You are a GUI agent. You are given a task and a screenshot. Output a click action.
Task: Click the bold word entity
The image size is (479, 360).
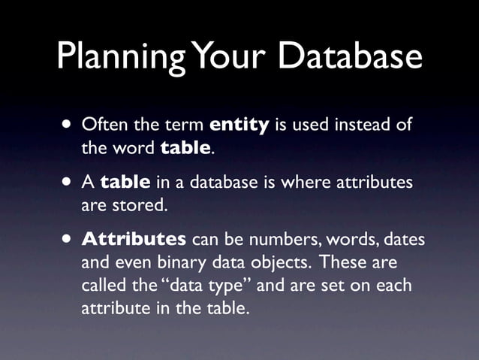239,124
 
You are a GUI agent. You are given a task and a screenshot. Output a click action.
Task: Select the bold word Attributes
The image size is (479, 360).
134,241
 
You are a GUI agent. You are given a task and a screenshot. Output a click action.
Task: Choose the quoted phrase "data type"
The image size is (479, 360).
191,286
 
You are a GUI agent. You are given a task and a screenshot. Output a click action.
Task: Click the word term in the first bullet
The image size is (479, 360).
185,124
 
